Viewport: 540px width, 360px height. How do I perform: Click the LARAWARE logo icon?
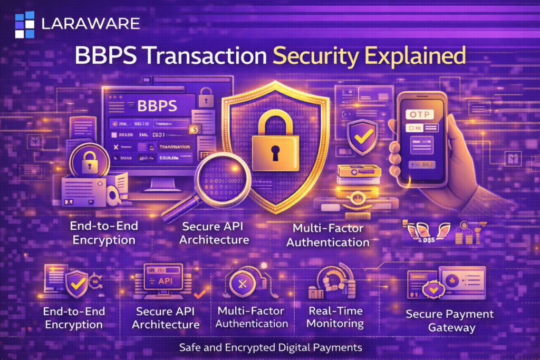(24, 24)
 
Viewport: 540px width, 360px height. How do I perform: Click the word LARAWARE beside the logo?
(90, 24)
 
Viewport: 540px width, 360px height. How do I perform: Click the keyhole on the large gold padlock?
(275, 152)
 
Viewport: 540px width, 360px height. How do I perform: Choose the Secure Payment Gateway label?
(449, 320)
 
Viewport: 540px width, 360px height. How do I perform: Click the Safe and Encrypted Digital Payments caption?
(270, 347)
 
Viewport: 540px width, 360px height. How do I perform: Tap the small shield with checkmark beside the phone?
(363, 136)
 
